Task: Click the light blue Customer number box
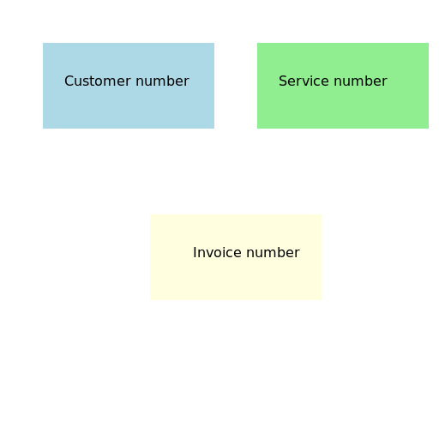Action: [x=129, y=86]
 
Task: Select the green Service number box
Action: [x=343, y=86]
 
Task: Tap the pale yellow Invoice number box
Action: [x=236, y=257]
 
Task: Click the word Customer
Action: [x=98, y=81]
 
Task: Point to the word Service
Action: [x=304, y=81]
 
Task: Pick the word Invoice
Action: [x=217, y=253]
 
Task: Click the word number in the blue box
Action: [x=162, y=81]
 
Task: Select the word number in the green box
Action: [x=361, y=81]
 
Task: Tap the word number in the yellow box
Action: [x=273, y=253]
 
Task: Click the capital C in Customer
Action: [x=69, y=81]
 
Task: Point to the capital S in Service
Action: [x=283, y=81]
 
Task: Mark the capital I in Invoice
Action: [x=195, y=253]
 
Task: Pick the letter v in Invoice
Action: [x=209, y=254]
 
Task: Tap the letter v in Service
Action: [x=307, y=82]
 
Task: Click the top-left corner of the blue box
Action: [x=43, y=43]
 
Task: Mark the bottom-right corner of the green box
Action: [x=429, y=129]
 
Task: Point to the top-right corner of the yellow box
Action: [x=322, y=214]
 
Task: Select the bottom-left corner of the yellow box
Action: [x=150, y=300]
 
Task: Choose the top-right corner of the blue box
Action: [x=214, y=43]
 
